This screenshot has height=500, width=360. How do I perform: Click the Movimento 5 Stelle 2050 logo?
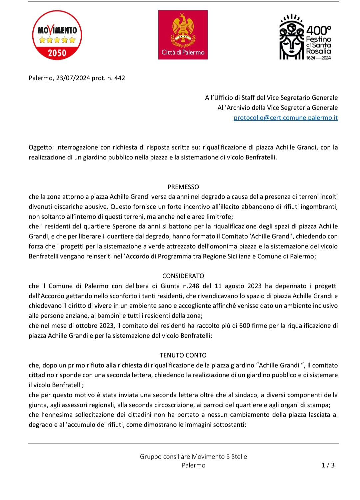pos(57,35)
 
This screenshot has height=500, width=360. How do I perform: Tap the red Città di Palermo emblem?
pos(183,35)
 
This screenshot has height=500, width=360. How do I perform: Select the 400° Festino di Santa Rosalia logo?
pos(305,37)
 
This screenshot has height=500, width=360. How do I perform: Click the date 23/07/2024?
pos(73,78)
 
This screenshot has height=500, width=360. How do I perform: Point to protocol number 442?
pos(120,78)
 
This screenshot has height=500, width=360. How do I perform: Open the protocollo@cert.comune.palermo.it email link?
pos(286,118)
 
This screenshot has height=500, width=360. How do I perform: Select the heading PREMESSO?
pos(183,187)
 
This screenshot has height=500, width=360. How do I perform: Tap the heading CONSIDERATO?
pos(183,276)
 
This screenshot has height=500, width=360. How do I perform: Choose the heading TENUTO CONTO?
pos(183,355)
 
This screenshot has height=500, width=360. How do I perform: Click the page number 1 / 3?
pos(328,465)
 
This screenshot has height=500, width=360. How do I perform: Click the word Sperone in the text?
pos(124,227)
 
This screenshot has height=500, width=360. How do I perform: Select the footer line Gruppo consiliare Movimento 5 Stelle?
pos(193,457)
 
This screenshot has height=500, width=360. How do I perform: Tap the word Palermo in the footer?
pos(193,465)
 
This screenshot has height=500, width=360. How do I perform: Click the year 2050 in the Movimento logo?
pos(57,53)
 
